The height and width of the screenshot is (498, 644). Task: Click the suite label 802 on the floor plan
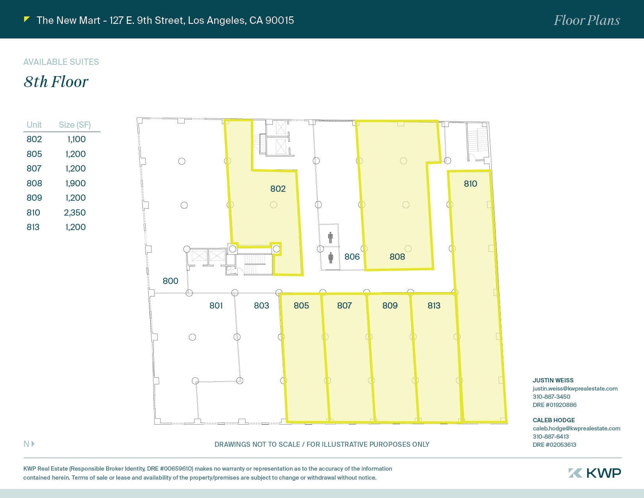[x=278, y=189]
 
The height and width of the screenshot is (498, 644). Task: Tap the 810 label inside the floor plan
[x=470, y=184]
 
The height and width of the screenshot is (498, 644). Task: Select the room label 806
[x=352, y=257]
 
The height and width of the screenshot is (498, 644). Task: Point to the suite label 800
[x=171, y=281]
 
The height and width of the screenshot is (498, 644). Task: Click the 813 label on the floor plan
[x=434, y=305]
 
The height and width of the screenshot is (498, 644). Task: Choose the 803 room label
[x=262, y=305]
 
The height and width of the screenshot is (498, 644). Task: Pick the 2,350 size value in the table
[x=75, y=212]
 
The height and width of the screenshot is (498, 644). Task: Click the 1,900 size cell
[x=75, y=183]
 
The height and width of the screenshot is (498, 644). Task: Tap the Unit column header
[x=34, y=125]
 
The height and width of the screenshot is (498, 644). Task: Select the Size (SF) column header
[x=75, y=125]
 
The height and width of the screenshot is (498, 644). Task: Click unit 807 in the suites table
[x=34, y=168]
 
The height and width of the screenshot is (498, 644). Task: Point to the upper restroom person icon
[x=331, y=238]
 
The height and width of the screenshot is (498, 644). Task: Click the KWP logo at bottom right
[x=594, y=473]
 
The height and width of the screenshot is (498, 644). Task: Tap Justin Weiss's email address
[x=575, y=389]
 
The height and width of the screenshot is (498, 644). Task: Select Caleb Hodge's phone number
[x=551, y=437]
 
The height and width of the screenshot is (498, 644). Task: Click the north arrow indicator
[x=29, y=444]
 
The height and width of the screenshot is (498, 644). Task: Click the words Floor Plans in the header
[x=587, y=20]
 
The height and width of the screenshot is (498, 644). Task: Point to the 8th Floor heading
[x=56, y=82]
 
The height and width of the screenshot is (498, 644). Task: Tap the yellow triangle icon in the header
[x=27, y=20]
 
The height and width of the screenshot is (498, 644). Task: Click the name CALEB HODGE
[x=553, y=420]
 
